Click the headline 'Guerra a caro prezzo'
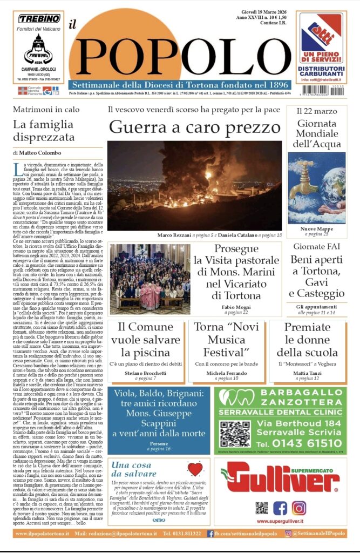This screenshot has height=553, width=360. tap(194, 127)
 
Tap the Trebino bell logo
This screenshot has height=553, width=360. tap(38, 51)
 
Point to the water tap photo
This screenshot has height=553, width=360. tap(317, 187)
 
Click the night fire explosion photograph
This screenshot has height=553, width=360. tap(194, 185)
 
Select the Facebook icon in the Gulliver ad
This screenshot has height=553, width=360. tap(280, 508)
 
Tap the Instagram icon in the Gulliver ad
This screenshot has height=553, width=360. tap(298, 508)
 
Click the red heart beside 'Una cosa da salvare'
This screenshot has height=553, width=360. tap(194, 469)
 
